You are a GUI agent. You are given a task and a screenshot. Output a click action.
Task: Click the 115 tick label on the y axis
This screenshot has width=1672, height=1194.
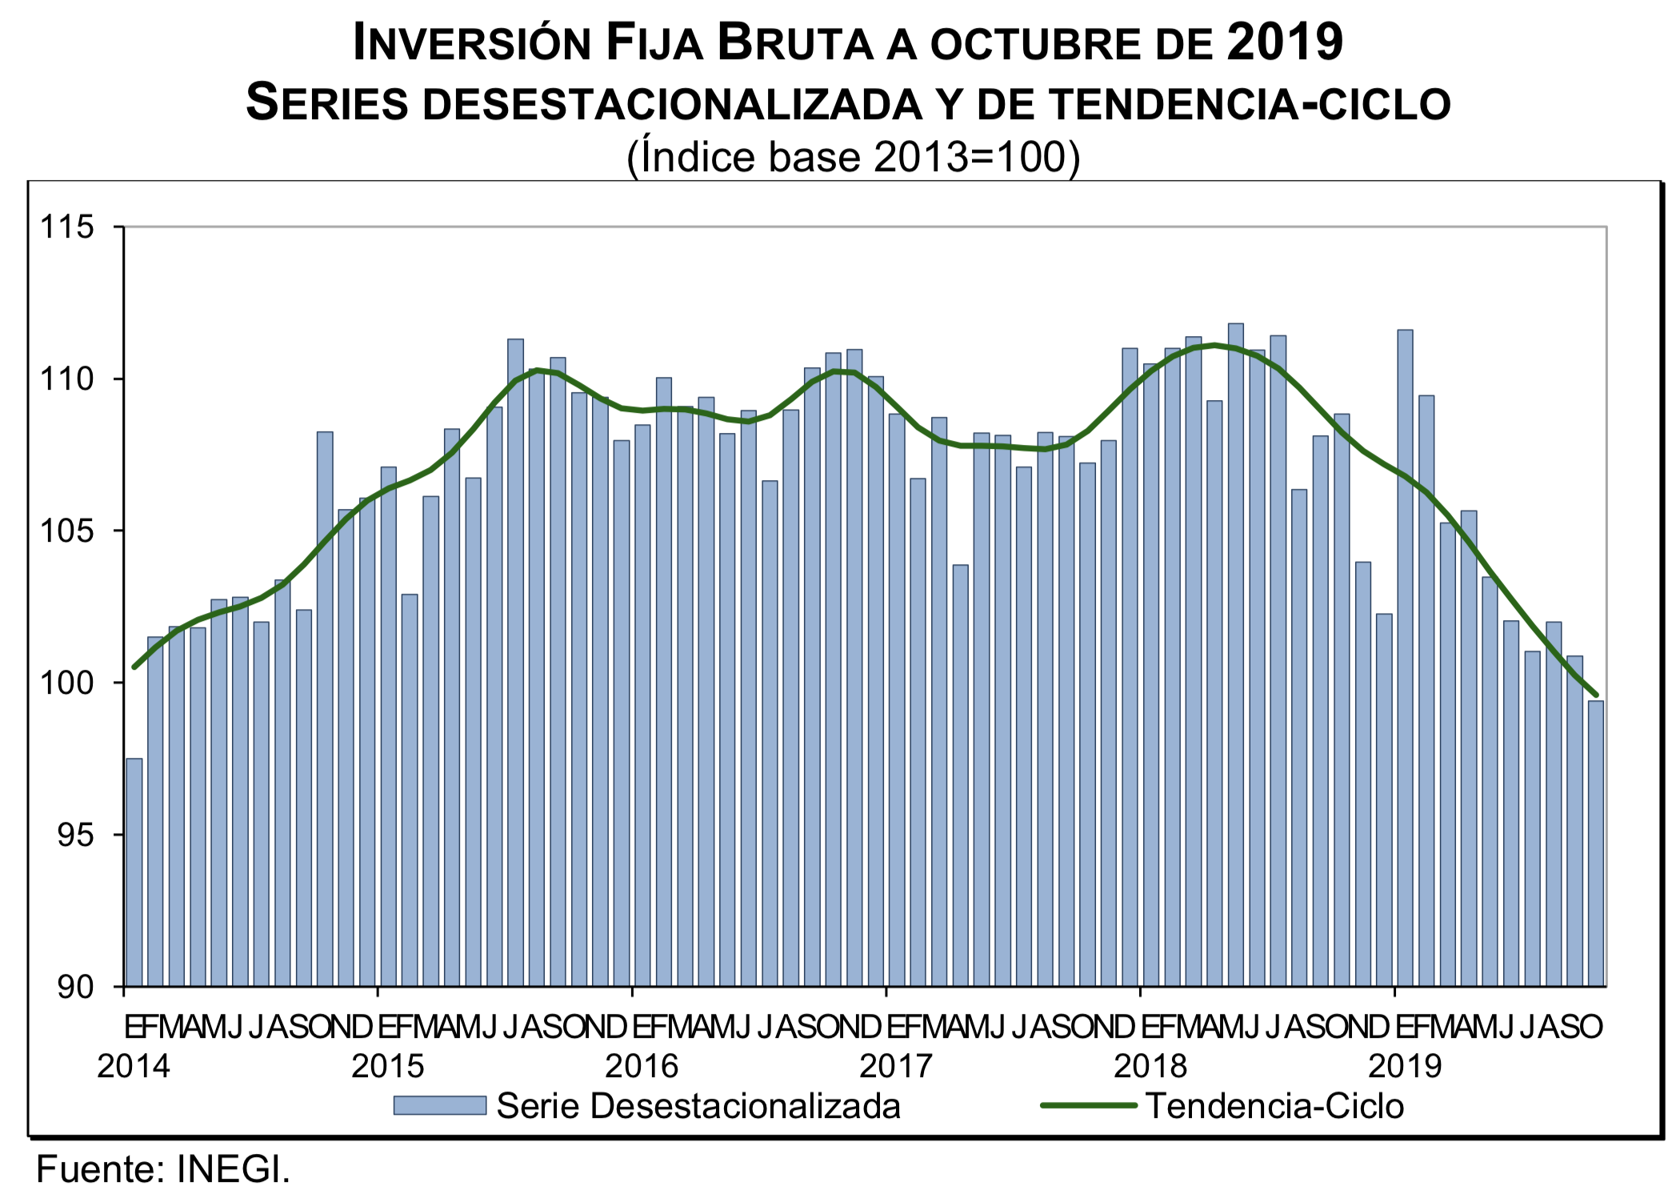(67, 227)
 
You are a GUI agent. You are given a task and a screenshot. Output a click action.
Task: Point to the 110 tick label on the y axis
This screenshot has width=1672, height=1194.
(67, 379)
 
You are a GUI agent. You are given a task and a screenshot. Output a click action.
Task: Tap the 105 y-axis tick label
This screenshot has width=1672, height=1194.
(67, 531)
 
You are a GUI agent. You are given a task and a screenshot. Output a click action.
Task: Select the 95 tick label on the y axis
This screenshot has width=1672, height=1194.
(75, 835)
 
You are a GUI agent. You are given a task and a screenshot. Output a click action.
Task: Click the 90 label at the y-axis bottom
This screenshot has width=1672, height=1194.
(75, 988)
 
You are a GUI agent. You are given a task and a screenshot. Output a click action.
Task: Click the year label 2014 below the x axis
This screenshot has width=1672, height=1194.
(134, 1066)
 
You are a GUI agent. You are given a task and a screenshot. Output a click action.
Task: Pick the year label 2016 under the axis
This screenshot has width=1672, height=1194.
(642, 1066)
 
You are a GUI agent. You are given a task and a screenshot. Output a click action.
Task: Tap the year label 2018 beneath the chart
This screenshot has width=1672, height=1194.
(1150, 1066)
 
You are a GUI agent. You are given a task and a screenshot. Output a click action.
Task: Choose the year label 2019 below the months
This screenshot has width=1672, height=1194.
(1405, 1066)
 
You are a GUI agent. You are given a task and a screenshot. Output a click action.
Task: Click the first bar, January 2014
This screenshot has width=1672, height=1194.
(134, 872)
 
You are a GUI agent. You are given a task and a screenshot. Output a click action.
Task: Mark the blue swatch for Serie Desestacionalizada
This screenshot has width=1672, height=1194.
(439, 1106)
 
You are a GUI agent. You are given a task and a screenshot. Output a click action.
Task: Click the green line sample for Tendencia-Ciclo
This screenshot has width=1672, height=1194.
(1088, 1106)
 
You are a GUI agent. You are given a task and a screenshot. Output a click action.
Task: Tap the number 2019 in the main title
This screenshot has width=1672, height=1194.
(1285, 42)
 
